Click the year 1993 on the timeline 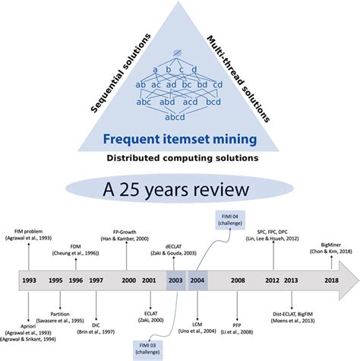coord(28,280)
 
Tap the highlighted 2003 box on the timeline coord(176,280)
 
